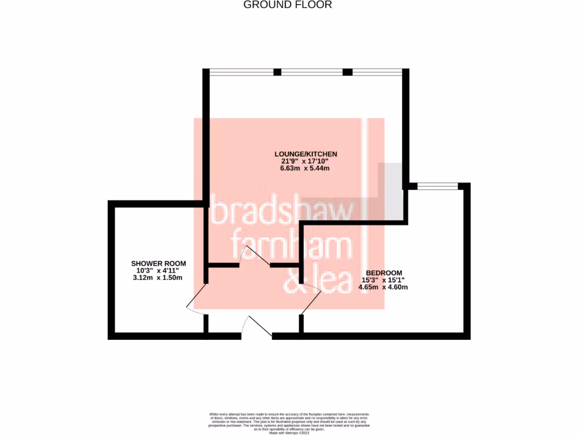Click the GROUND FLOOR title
[287, 5]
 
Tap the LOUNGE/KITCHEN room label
[305, 153]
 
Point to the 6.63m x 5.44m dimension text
[305, 169]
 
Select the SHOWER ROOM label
[158, 263]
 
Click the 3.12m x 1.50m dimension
[158, 279]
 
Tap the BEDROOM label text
[383, 272]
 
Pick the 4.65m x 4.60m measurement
[383, 287]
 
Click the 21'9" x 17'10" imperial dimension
[305, 161]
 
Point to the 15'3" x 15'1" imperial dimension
[383, 280]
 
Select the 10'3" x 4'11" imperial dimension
[158, 271]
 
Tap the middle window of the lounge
[312, 72]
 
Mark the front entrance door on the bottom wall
[257, 329]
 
